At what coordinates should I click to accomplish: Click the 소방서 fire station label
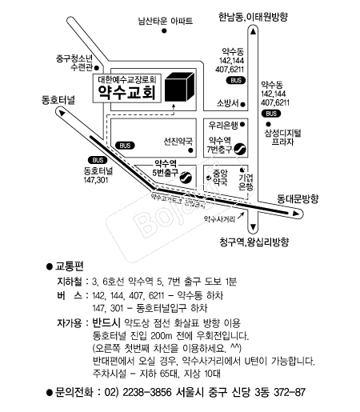coord(228,103)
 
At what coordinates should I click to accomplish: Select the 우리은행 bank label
coord(225,126)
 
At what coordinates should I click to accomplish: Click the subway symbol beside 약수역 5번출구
coord(185,178)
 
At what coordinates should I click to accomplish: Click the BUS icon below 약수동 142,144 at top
coord(235,81)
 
